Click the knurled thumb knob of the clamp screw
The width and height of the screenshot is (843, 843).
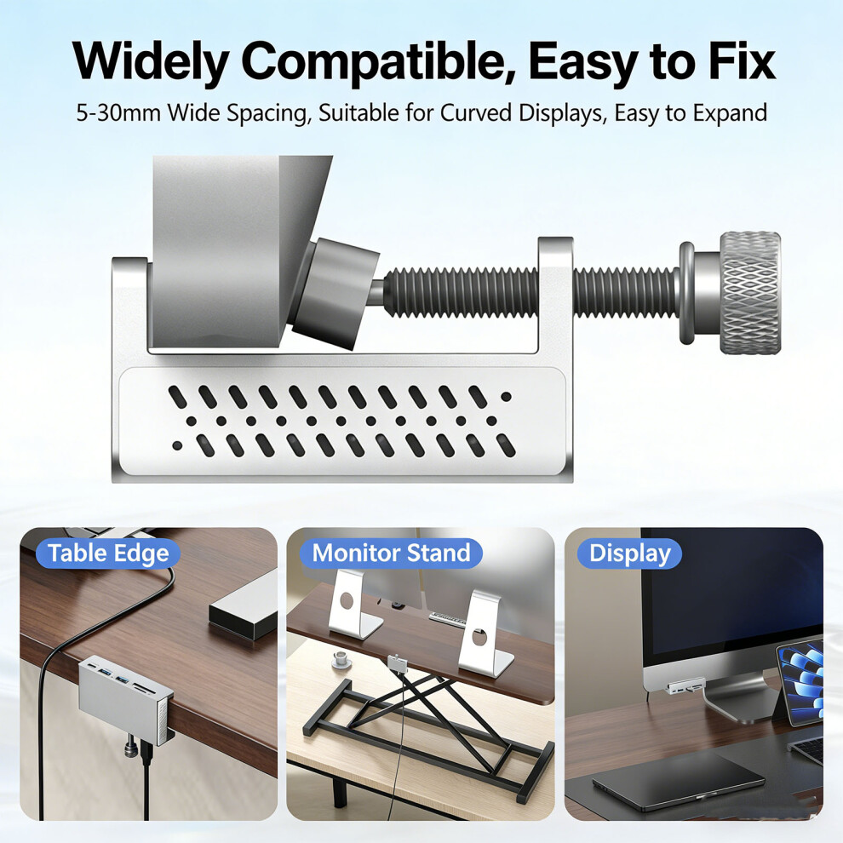click(750, 293)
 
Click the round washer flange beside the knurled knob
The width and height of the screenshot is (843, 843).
click(686, 293)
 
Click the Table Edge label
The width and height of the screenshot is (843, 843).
click(108, 553)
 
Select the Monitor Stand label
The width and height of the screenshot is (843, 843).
click(391, 553)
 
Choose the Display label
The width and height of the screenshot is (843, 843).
click(629, 553)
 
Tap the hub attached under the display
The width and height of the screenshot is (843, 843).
click(685, 687)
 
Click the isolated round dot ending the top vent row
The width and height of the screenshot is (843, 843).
click(506, 397)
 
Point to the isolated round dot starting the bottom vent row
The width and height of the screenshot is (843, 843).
click(177, 445)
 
